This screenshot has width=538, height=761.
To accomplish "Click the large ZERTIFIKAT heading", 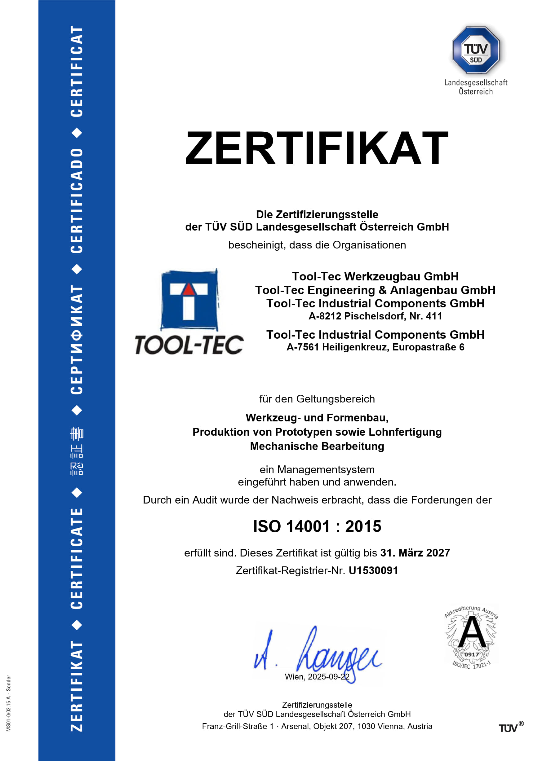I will coord(317,148).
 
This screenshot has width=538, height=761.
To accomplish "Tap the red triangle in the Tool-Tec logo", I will coord(189,289).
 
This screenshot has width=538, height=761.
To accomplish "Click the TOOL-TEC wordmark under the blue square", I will coord(189,345).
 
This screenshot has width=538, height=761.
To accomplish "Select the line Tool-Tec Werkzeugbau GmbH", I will coord(375,276).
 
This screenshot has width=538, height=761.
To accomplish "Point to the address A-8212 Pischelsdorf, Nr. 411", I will coord(375,316).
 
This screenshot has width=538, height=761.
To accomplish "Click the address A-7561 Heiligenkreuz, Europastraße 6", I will coord(375,347).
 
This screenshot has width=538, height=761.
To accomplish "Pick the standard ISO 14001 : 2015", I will coord(317,526).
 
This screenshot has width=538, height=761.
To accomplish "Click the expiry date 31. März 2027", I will coord(415,553).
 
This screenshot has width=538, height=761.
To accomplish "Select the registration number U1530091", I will coord(373,570).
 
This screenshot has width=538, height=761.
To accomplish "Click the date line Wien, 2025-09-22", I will coord(317,676).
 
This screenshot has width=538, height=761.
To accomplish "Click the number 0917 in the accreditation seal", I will coord(471,654).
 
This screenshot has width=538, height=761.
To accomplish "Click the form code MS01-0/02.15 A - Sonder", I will coord(9,703).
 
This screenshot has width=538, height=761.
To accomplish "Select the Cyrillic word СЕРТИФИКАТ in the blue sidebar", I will coord(77,340).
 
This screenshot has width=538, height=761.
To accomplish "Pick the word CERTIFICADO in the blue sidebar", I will coord(77,201).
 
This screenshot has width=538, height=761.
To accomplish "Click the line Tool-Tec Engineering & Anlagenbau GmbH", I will coord(375,290).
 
